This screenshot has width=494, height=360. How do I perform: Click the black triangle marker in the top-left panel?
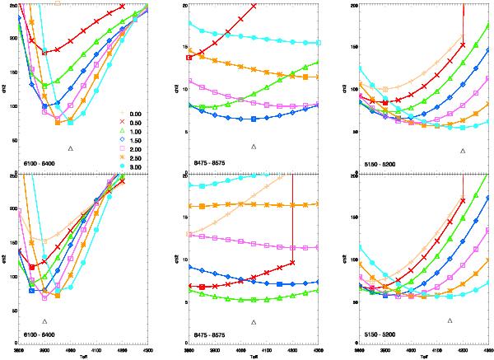70,147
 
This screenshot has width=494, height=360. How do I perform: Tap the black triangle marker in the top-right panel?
464,151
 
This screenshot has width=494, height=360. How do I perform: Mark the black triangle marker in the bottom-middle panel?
254,321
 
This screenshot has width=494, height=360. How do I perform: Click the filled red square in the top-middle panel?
190,58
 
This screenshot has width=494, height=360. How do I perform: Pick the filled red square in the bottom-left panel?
31,267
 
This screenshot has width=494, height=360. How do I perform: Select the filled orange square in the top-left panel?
58,122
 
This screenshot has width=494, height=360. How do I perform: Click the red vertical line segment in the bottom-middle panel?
293,222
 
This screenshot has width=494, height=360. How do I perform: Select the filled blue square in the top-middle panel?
254,119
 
